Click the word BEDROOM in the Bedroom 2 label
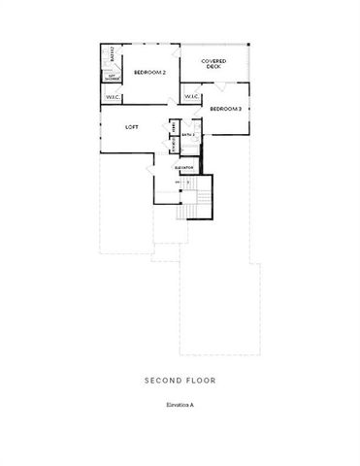tap(147, 72)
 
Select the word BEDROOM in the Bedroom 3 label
tap(221, 109)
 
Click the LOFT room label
tap(133, 127)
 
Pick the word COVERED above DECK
tap(214, 61)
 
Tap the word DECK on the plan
tap(214, 68)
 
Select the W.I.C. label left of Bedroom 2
tap(111, 97)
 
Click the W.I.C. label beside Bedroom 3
tap(191, 96)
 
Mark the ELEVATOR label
tap(184, 168)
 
